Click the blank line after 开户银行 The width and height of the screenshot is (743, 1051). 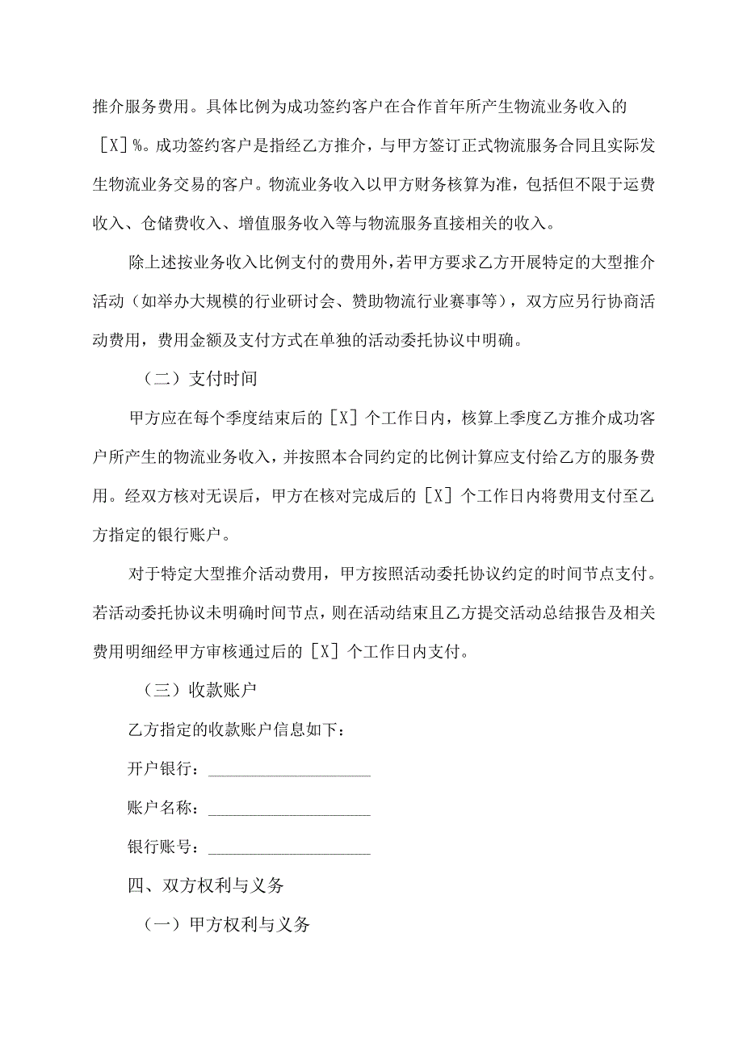(289, 769)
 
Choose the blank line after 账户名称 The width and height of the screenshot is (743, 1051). (289, 808)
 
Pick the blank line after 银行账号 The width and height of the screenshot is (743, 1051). (289, 847)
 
